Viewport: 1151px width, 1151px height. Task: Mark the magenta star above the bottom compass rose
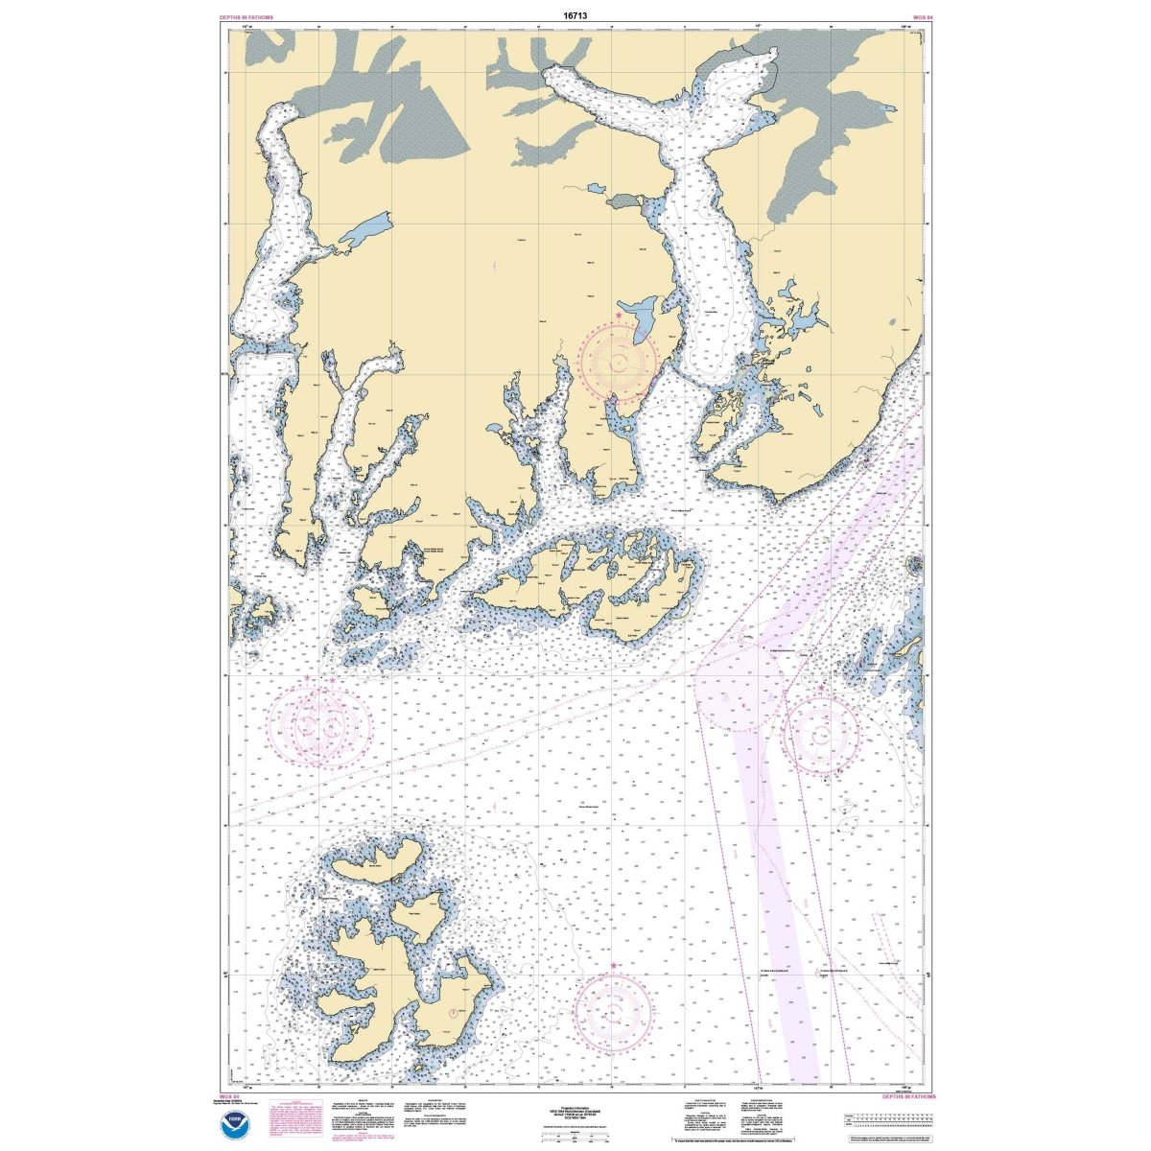614,965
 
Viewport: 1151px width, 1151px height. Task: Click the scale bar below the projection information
576,1134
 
